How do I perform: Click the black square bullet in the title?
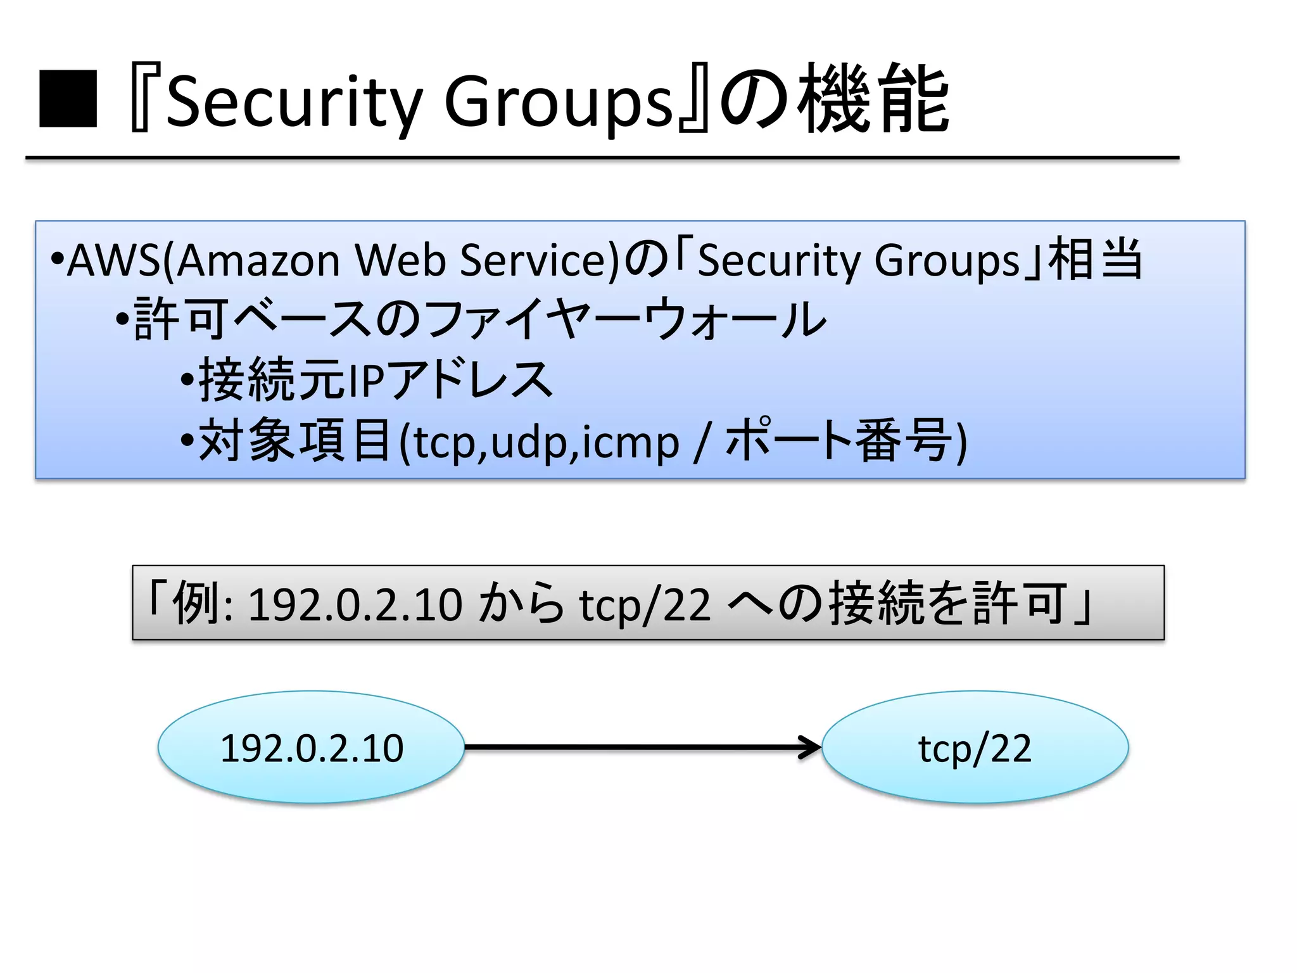[68, 99]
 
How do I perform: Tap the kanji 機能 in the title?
[873, 99]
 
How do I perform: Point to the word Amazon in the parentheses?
[258, 260]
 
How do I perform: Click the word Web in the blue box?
[400, 260]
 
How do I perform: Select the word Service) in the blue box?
[539, 260]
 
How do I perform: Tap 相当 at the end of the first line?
[1096, 259]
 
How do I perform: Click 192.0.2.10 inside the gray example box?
[355, 604]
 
